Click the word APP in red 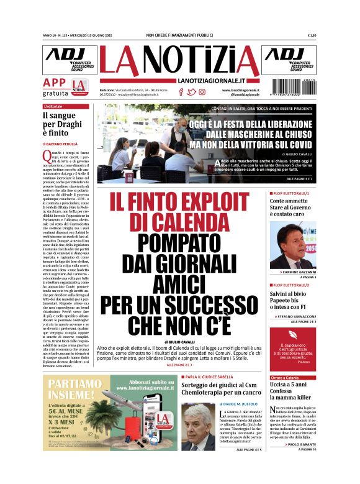(x=54, y=83)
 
